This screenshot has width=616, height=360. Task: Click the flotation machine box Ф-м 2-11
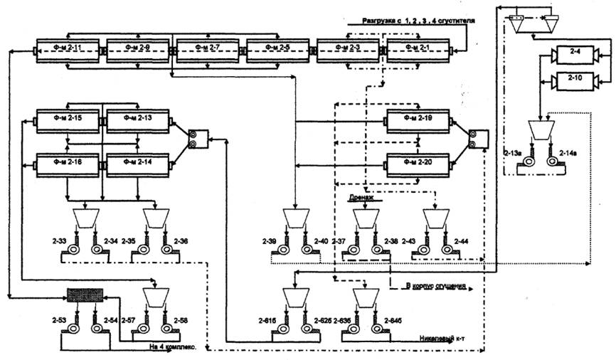coord(67,51)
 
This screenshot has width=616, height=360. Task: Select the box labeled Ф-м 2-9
coord(138,51)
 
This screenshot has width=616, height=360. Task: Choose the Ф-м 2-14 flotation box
coord(137,165)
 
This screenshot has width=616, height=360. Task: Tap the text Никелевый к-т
coord(443,340)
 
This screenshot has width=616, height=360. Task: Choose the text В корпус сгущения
coord(435,287)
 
